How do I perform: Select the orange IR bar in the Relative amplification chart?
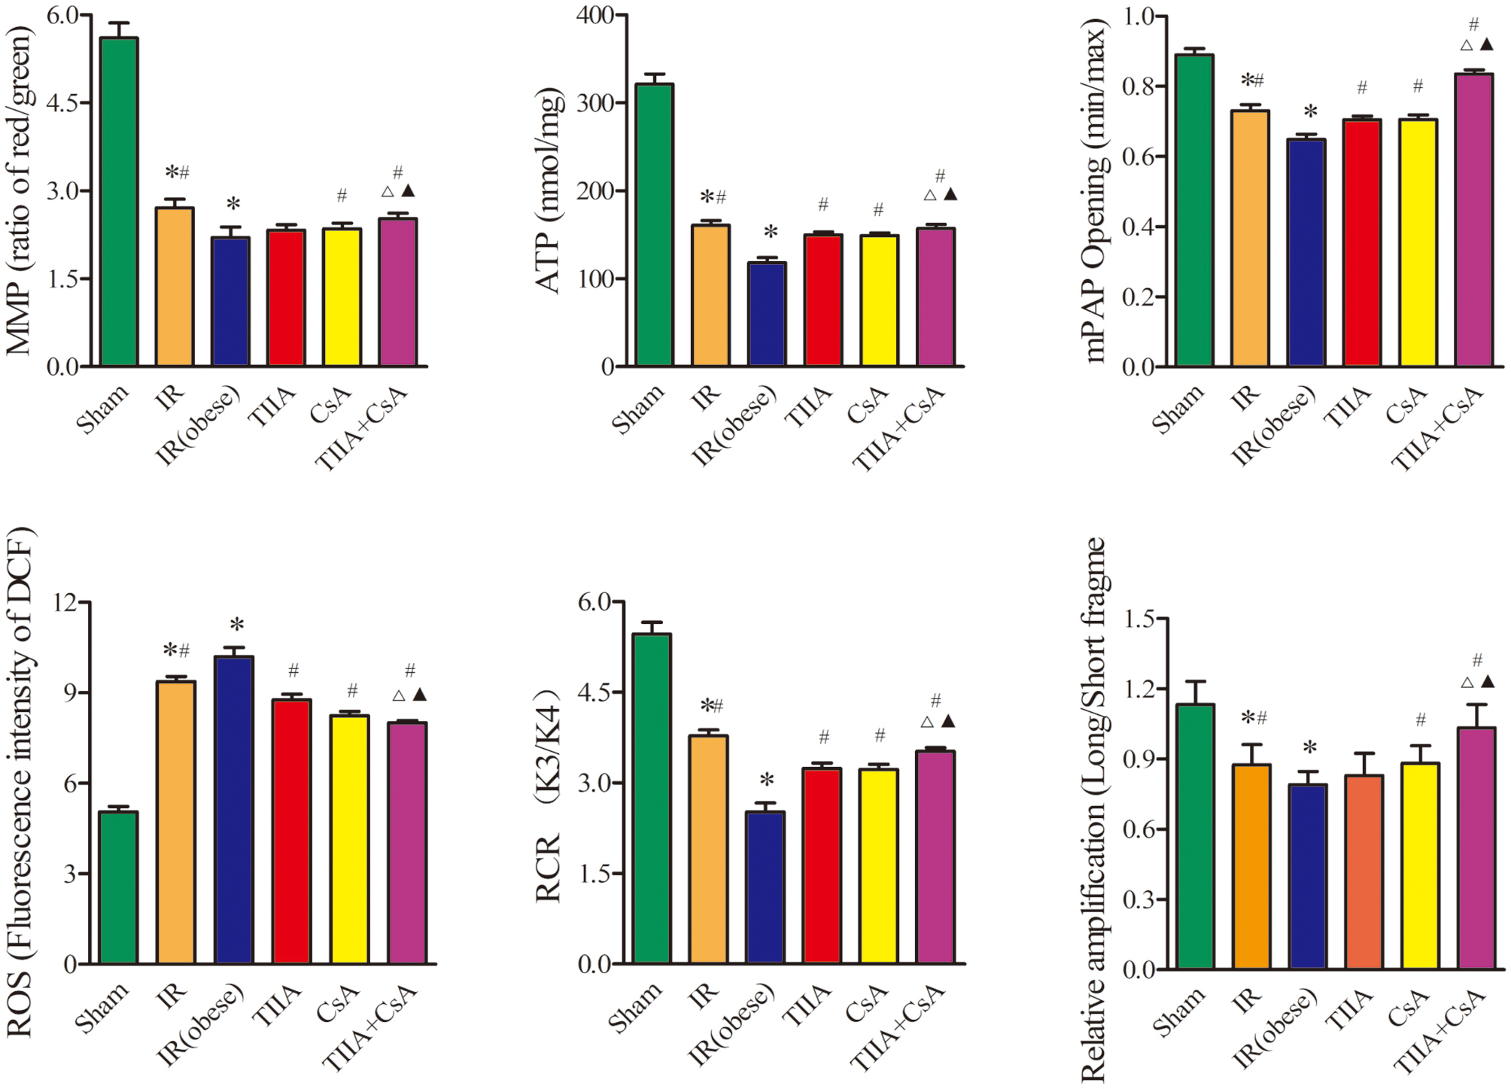click(x=1251, y=865)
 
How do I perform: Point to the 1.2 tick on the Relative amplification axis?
click(x=1139, y=689)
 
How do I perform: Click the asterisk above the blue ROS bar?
click(x=237, y=625)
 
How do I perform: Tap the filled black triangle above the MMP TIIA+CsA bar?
click(x=409, y=191)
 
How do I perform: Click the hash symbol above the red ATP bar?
click(x=823, y=204)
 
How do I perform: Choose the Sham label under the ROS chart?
click(x=102, y=1007)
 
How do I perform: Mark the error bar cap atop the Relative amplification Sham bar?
click(x=1195, y=682)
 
